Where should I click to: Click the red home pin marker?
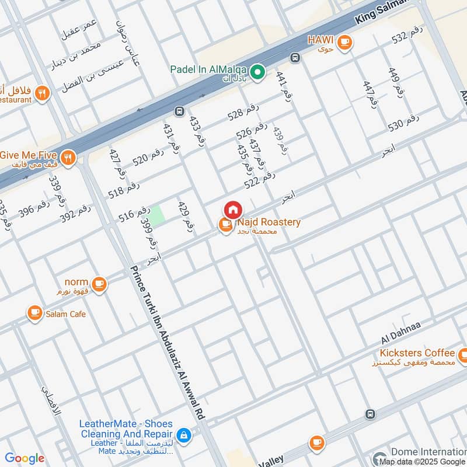tap(232, 210)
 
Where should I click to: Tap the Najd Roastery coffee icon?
tap(226, 225)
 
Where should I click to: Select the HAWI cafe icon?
tap(344, 41)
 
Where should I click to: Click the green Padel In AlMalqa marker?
tap(259, 72)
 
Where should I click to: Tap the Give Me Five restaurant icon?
tap(68, 158)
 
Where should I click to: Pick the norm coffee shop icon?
tap(99, 284)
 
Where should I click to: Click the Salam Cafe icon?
tap(35, 313)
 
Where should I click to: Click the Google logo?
tap(24, 458)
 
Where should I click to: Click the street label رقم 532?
tap(407, 38)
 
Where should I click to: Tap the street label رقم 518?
tap(124, 190)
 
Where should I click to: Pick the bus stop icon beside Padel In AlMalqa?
tap(295, 58)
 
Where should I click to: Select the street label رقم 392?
tap(76, 213)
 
